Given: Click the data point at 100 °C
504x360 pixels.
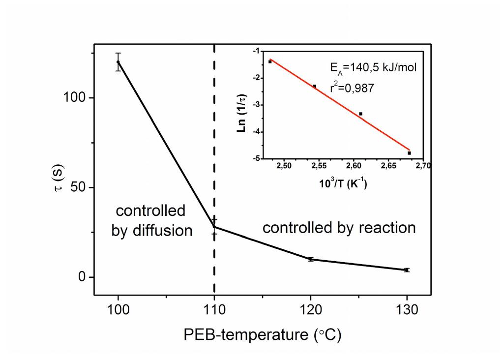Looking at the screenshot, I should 118,61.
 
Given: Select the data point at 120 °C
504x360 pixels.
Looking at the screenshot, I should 311,259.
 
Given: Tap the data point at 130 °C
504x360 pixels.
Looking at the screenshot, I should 407,270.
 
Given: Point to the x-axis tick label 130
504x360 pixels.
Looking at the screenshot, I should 407,311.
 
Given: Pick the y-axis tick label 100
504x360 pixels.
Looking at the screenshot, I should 75,98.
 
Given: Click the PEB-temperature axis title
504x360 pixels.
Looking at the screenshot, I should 262,335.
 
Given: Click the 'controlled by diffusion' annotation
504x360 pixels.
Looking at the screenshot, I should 151,221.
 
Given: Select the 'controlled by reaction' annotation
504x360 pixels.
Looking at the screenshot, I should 339,228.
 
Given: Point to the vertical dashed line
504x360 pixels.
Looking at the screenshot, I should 214,148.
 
